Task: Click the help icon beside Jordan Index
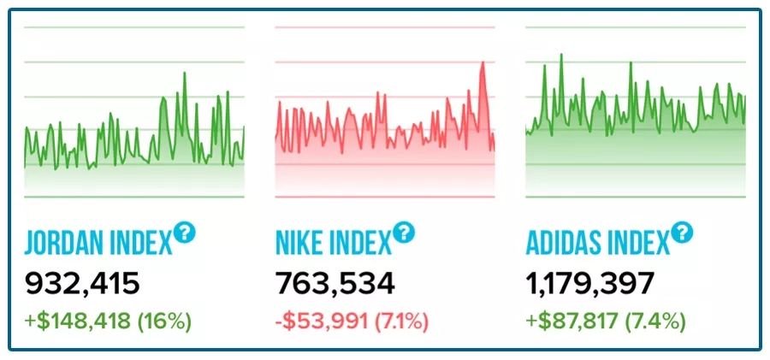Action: (184, 232)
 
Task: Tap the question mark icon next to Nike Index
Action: (404, 232)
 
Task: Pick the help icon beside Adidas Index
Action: (682, 232)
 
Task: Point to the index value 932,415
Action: (82, 283)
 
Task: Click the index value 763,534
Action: (335, 283)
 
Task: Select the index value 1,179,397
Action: (590, 283)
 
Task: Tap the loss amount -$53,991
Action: (321, 322)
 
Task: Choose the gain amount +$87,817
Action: (573, 322)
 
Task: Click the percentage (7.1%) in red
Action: (400, 322)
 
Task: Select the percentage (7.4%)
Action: (654, 322)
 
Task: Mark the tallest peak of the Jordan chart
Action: (185, 74)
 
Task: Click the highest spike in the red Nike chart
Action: (483, 62)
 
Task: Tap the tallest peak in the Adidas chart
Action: (561, 55)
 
